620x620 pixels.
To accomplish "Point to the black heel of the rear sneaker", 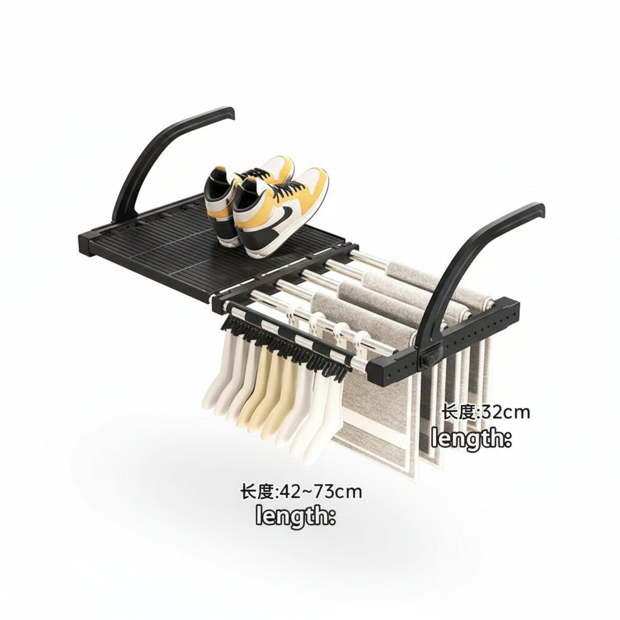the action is (215, 185).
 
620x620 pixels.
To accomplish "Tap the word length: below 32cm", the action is (471, 438).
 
